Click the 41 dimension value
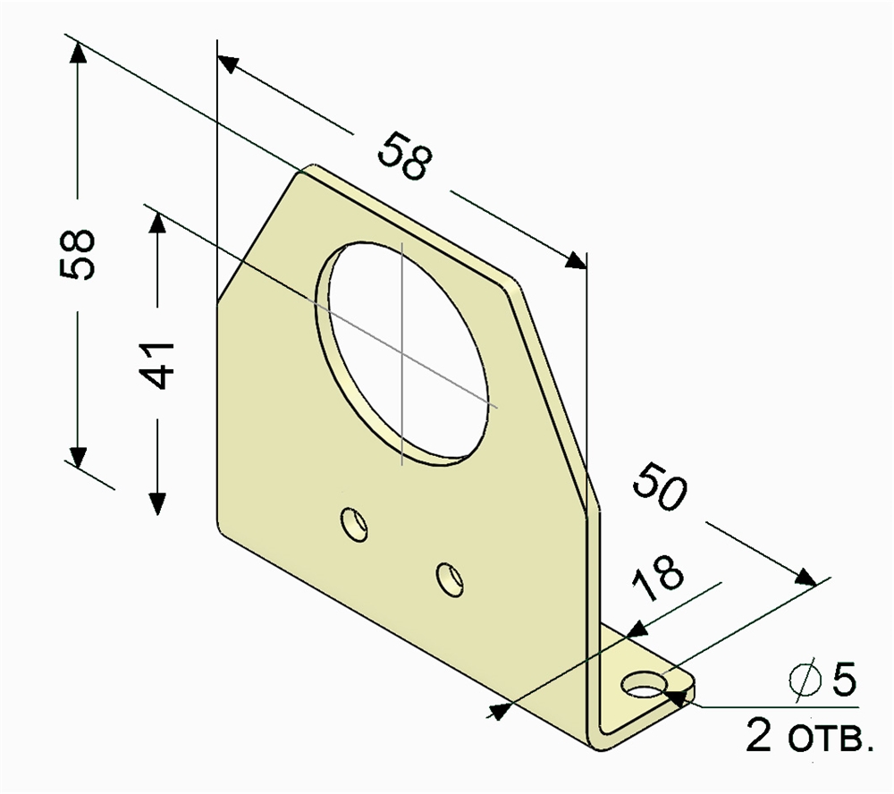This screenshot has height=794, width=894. [x=156, y=366]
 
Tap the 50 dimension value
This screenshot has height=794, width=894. [x=661, y=486]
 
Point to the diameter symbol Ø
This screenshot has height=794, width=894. [x=805, y=680]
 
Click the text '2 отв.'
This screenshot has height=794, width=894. [x=809, y=737]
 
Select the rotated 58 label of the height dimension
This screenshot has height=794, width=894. [x=77, y=255]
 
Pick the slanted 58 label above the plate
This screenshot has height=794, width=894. [x=405, y=156]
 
